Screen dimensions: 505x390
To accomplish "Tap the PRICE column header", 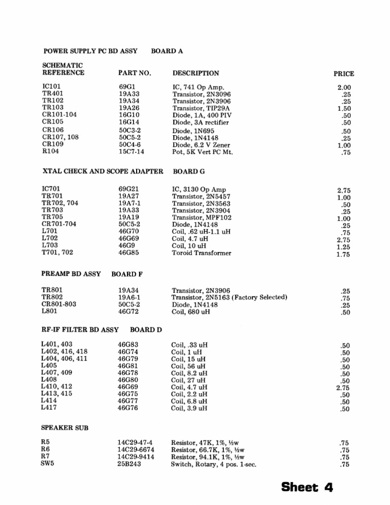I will pyautogui.click(x=344, y=74).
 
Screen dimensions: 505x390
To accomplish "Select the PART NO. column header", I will pyautogui.click(x=135, y=73).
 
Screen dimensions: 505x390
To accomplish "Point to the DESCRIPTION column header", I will pyautogui.click(x=196, y=73).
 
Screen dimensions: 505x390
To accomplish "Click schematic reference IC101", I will pyautogui.click(x=51, y=87).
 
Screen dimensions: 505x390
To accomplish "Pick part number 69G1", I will pyautogui.click(x=126, y=87).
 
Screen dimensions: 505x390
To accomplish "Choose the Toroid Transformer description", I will pyautogui.click(x=202, y=253).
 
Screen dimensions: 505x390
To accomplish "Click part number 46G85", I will pyautogui.click(x=128, y=253).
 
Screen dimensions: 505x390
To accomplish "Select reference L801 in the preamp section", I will pyautogui.click(x=50, y=311).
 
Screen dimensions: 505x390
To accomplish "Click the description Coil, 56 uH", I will pyautogui.click(x=188, y=366).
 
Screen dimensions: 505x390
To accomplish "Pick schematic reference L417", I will pyautogui.click(x=49, y=407).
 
